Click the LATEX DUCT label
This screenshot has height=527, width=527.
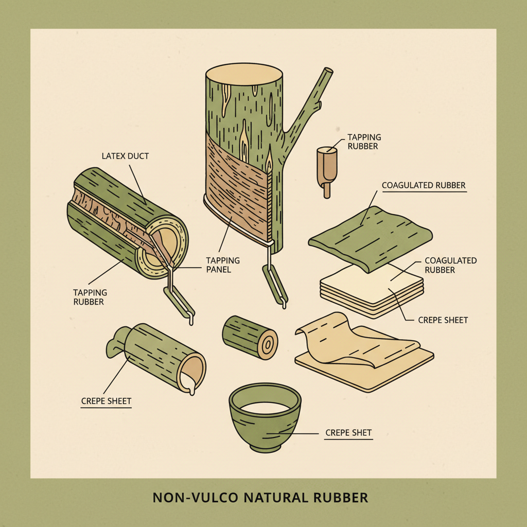(125, 156)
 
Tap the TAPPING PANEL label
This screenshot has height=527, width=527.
(223, 265)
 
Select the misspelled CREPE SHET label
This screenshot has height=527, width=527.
(348, 432)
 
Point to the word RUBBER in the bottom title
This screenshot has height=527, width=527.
(341, 498)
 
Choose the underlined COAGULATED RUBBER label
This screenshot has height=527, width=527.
(424, 185)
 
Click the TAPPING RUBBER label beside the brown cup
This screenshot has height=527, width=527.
(364, 142)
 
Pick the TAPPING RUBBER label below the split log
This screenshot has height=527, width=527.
(90, 297)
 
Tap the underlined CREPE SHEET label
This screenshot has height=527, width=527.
(106, 401)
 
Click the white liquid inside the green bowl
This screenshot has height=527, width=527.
(265, 408)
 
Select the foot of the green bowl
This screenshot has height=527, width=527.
(266, 448)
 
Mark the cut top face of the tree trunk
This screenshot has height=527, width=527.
(244, 74)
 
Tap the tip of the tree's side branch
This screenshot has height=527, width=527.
(328, 71)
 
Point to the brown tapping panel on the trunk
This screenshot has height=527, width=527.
(237, 188)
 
